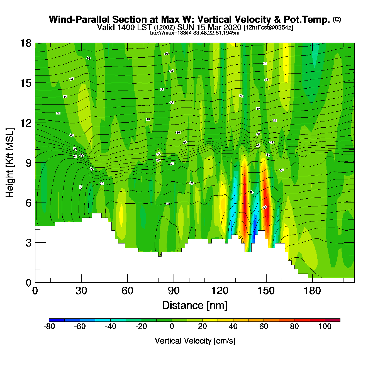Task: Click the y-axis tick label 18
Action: click(x=25, y=43)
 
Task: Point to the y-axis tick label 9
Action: click(x=29, y=163)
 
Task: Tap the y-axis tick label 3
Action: click(x=29, y=243)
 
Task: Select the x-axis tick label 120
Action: click(x=220, y=291)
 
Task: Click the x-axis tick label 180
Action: click(x=312, y=291)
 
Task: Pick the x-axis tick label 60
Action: click(x=128, y=291)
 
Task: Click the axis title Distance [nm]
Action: click(x=195, y=305)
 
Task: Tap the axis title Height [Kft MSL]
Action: click(x=10, y=163)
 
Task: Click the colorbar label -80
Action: click(x=49, y=326)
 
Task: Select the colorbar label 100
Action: click(x=325, y=326)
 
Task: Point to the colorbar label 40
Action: click(x=233, y=326)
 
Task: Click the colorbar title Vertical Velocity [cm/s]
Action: click(x=195, y=341)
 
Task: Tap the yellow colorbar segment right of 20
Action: click(x=210, y=320)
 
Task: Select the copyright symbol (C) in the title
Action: click(x=337, y=19)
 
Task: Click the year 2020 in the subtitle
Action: click(x=232, y=27)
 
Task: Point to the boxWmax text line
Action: click(x=195, y=33)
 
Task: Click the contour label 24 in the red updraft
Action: click(x=265, y=208)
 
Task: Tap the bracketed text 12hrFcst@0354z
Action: click(x=268, y=28)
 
